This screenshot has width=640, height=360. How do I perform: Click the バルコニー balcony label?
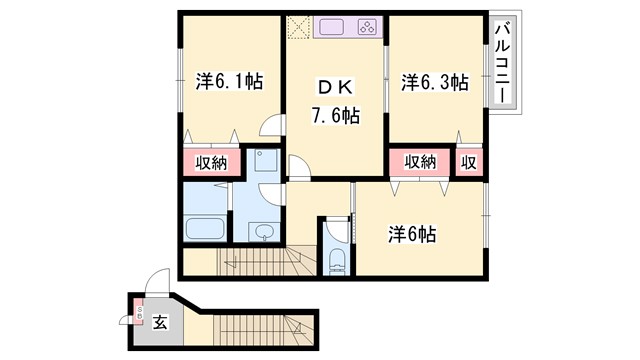click(503, 63)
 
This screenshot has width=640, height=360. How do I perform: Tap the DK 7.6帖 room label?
click(333, 99)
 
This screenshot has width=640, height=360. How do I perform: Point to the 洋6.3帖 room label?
click(435, 82)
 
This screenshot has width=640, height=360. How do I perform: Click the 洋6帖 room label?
click(412, 234)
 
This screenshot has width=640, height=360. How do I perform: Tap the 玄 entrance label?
click(161, 323)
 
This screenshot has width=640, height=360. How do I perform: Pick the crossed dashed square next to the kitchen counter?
click(299, 28)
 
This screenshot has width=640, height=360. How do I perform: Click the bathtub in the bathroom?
click(205, 225)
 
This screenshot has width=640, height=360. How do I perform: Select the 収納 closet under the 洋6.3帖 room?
click(420, 162)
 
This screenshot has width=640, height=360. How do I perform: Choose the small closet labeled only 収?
click(467, 162)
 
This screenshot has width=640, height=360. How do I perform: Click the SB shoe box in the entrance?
click(139, 315)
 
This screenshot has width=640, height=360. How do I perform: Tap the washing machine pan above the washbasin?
click(265, 164)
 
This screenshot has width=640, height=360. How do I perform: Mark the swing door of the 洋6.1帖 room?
click(269, 126)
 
